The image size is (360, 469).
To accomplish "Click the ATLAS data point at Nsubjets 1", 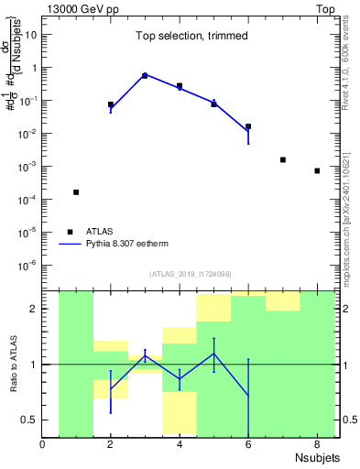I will (x=76, y=192).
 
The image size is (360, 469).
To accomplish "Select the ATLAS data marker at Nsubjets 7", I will (x=283, y=160).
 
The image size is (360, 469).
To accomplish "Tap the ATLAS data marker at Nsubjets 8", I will (x=317, y=171).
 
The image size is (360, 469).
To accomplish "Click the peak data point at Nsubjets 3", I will (x=145, y=75).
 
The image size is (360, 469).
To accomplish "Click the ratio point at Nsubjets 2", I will (x=111, y=389).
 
